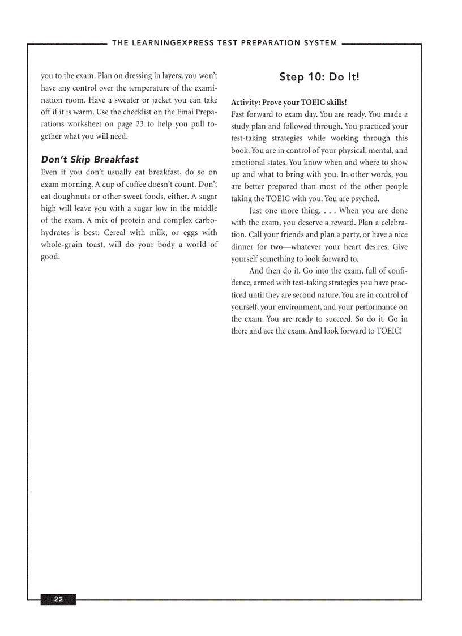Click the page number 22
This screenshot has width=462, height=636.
click(x=58, y=600)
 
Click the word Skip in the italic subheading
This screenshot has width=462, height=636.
click(x=80, y=160)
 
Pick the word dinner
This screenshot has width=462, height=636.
click(x=243, y=247)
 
